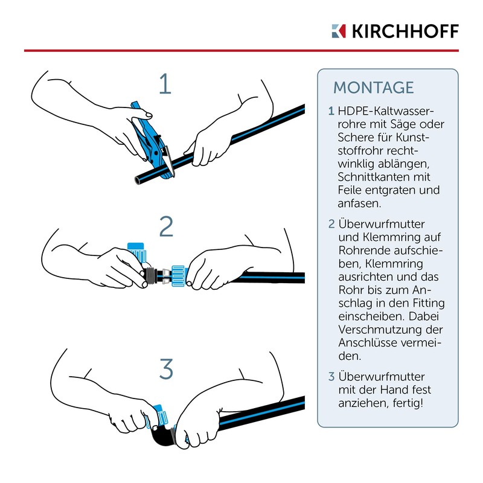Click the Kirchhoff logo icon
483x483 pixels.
(339, 31)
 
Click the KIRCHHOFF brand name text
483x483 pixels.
(405, 31)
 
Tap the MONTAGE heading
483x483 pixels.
(374, 88)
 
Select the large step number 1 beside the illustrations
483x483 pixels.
(165, 83)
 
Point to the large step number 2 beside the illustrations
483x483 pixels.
(167, 226)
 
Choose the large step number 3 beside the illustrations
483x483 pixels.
(167, 369)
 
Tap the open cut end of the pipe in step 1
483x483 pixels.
(138, 181)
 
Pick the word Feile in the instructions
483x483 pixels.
(351, 190)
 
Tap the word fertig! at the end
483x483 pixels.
(408, 403)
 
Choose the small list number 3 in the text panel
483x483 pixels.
(331, 376)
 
